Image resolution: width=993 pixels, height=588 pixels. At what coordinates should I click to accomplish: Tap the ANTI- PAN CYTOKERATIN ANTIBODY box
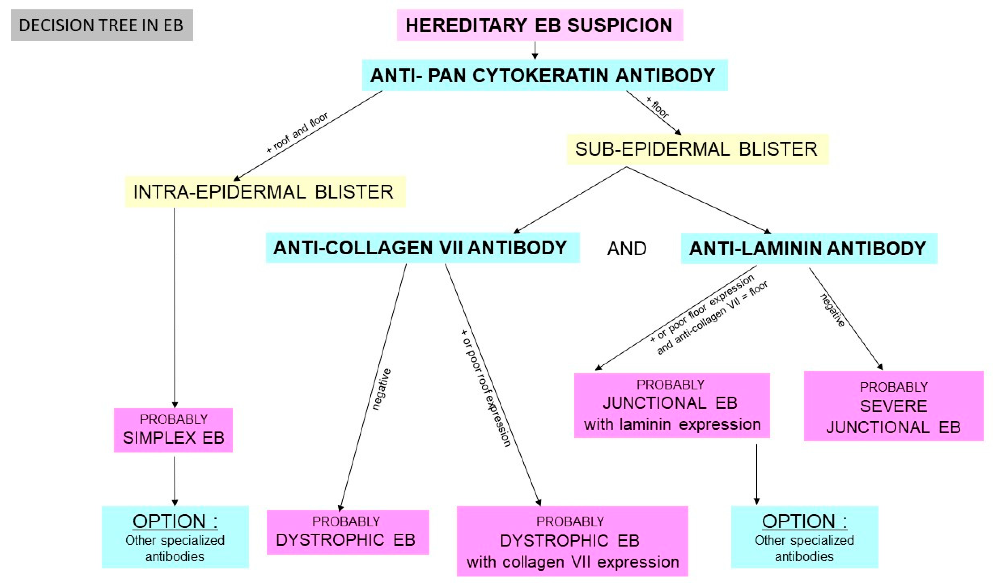[544, 75]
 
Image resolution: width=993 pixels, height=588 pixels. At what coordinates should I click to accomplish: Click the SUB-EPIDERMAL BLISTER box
[697, 149]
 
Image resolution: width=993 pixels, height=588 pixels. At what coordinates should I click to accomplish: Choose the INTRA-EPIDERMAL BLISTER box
[265, 192]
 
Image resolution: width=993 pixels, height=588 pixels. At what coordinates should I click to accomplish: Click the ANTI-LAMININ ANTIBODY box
[808, 249]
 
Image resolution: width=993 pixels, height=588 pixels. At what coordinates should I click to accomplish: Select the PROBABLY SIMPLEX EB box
[173, 430]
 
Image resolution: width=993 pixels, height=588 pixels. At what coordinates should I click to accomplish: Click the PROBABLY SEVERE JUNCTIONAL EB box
[893, 406]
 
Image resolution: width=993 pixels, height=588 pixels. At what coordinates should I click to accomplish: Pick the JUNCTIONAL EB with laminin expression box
[671, 405]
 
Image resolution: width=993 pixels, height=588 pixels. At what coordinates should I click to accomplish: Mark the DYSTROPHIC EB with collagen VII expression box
[572, 541]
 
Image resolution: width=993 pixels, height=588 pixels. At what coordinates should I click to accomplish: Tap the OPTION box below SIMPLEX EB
[175, 537]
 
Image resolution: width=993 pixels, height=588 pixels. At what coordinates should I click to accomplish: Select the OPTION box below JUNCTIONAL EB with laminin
[804, 537]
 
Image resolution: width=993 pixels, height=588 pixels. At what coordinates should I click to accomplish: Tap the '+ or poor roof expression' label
[486, 388]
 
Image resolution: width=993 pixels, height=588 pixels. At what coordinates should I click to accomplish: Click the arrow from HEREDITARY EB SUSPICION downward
[535, 50]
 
